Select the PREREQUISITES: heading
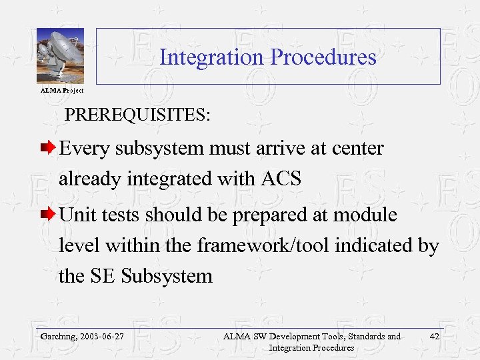pos(137,115)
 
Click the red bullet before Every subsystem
pos(48,148)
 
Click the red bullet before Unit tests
pos(48,215)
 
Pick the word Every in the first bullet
pos(85,148)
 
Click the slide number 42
pos(434,337)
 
